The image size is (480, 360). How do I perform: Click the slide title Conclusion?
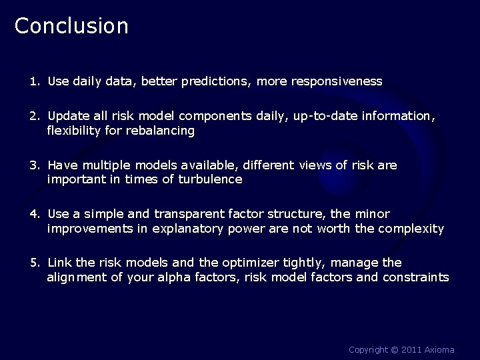coord(71,26)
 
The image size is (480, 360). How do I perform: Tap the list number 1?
coord(33,81)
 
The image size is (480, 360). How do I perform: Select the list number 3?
coord(33,165)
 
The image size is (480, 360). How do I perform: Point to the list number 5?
coord(33,263)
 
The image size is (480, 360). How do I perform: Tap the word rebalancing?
coord(162,131)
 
